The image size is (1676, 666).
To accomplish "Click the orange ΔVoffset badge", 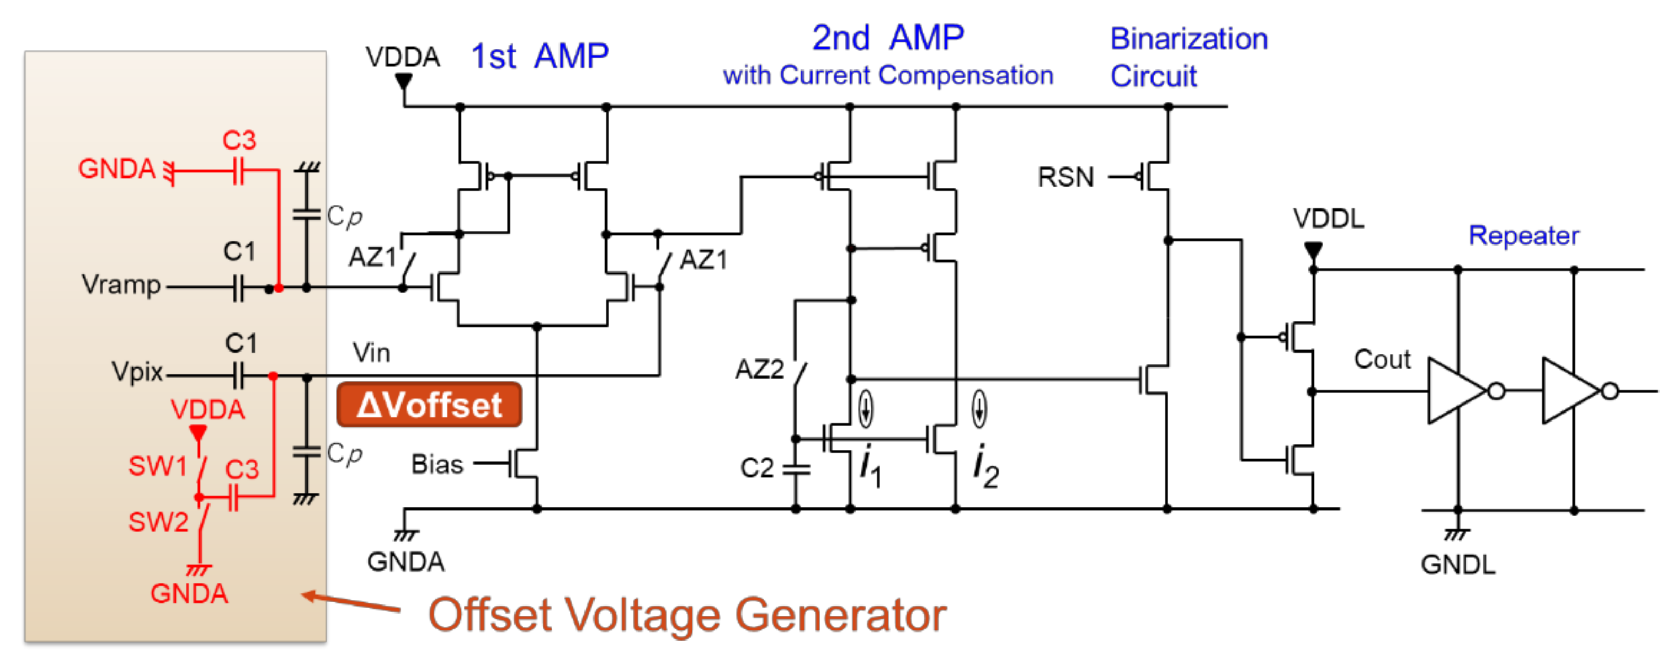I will click(430, 405).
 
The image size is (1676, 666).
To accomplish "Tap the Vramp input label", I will click(121, 285).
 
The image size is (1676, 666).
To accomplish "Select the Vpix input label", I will click(137, 371).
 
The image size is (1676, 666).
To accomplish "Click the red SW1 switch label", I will click(158, 466).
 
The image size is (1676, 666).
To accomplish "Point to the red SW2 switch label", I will click(158, 522).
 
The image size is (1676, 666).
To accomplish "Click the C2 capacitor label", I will click(757, 468).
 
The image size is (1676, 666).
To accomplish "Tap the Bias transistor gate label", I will click(437, 465).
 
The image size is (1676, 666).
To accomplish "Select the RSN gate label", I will click(1066, 177).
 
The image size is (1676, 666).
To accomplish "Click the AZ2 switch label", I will click(760, 370).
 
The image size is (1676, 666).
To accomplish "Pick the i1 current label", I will click(870, 466).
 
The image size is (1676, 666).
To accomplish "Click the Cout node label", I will click(1382, 359).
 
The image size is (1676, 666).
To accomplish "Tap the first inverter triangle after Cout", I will click(1455, 391).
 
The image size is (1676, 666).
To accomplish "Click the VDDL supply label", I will click(1328, 218).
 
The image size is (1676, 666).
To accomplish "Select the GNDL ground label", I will click(1457, 565).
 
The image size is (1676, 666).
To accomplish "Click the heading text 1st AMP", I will click(539, 57).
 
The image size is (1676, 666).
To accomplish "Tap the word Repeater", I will click(1523, 235).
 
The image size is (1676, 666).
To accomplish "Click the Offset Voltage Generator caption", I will click(686, 615).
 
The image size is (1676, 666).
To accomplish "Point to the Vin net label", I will click(371, 353).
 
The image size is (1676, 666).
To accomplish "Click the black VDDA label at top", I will click(403, 57).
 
